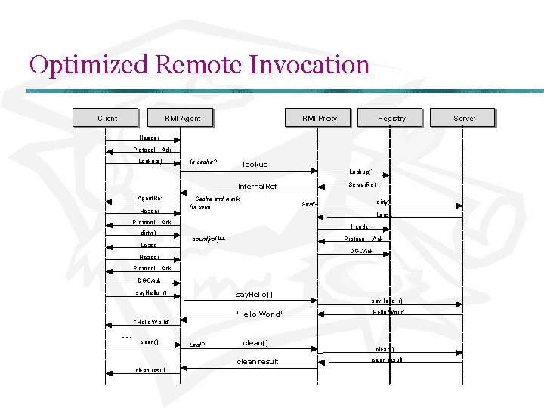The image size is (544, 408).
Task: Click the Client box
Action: [107, 118]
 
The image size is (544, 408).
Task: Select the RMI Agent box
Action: [182, 118]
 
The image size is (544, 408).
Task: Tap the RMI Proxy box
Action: [319, 118]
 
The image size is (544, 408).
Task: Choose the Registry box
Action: [391, 118]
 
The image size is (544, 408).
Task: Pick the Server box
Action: [464, 118]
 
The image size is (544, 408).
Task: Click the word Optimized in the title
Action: [88, 65]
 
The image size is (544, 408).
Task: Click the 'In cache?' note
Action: [203, 162]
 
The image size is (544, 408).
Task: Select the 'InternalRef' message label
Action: [258, 187]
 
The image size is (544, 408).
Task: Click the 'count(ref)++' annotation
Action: [209, 239]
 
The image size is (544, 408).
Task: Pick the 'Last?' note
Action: [198, 345]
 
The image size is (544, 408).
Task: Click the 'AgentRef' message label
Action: [150, 198]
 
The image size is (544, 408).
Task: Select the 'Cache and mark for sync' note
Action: [214, 202]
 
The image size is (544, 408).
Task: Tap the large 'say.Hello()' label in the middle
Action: [255, 294]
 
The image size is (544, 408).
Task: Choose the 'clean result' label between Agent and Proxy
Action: [258, 362]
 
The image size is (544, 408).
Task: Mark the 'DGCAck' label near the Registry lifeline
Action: [361, 251]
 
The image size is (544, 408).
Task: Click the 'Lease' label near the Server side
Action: [385, 215]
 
